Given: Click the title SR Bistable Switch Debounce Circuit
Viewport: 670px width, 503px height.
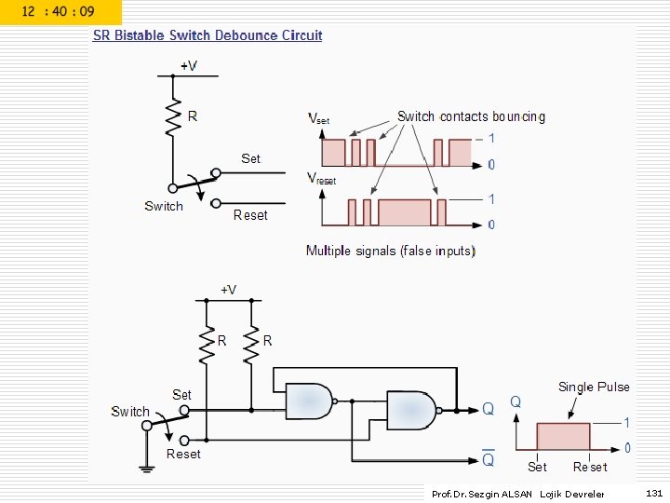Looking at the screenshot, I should pos(207,35).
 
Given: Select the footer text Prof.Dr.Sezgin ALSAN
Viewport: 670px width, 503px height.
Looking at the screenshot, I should pos(482,494).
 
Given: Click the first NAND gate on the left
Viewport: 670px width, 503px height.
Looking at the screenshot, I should pos(310,401).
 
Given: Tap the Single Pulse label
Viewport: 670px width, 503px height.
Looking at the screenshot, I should pos(594,387).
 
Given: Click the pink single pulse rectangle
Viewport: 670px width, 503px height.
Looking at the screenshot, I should pos(562,436).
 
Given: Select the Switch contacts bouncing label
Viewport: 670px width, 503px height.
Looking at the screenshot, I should pos(471,116).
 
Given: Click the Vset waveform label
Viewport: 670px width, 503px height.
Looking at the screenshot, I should pos(318,118).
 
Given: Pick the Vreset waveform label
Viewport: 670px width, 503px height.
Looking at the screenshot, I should pos(321,178).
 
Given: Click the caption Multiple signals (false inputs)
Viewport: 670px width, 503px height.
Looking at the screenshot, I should pos(391,251).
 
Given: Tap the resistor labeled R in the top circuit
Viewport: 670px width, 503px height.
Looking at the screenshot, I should pos(173,118).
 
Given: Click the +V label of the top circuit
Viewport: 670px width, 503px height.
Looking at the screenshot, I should pos(188,65).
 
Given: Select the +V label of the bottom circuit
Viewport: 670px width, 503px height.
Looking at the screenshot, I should pos(228,289).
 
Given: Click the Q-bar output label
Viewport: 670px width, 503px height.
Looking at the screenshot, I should pos(488,459).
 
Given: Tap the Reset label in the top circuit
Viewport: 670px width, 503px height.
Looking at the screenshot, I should pos(249,215).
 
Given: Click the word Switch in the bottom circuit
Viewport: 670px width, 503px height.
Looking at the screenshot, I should pos(130,411).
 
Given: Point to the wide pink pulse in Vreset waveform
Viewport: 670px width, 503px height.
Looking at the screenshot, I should pos(405,212).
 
